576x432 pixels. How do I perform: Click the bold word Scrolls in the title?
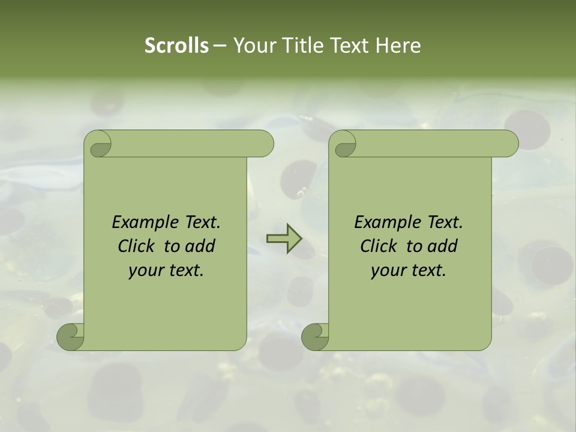[177, 46]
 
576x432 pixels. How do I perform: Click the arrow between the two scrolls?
[283, 238]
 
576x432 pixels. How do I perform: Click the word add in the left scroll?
[200, 246]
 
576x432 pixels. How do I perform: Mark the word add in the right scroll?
[442, 246]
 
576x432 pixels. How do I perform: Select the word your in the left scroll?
[146, 271]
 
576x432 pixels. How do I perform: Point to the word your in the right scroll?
[388, 271]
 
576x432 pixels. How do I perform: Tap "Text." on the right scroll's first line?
[445, 223]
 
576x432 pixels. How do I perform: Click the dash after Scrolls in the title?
[220, 46]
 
